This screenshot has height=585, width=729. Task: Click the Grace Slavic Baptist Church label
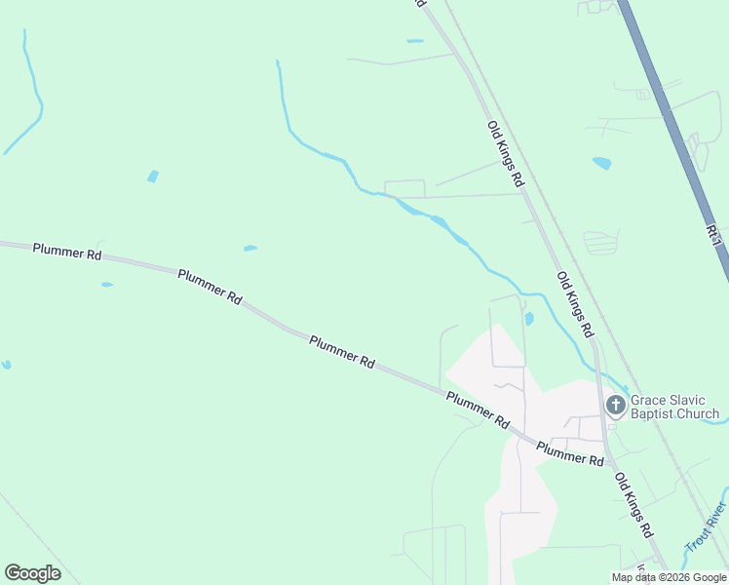point(674,407)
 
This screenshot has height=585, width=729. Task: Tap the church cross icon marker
point(615,404)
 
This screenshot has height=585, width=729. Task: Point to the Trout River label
point(706,527)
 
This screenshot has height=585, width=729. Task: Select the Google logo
point(32,572)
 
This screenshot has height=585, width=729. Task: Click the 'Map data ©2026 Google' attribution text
point(668,577)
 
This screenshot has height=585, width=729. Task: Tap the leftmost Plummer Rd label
point(67,251)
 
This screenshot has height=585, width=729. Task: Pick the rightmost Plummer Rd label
point(570,453)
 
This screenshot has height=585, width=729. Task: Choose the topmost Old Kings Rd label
point(506,154)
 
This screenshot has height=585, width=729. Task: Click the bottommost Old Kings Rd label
point(633,506)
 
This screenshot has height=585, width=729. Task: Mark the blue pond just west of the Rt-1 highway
point(601,163)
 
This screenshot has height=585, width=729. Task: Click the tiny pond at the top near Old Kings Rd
point(415,41)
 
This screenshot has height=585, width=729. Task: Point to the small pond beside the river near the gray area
point(528,318)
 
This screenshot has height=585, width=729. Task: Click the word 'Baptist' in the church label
point(658,414)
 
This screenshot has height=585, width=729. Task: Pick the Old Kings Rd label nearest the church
point(575,304)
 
